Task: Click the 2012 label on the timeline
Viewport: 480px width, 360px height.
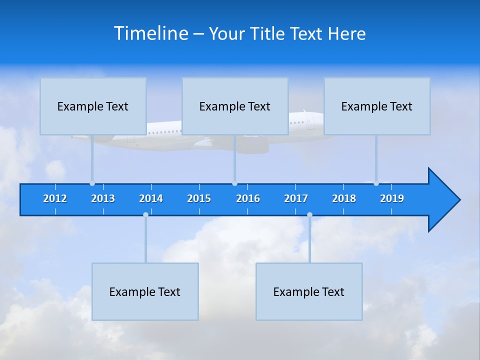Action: pyautogui.click(x=55, y=198)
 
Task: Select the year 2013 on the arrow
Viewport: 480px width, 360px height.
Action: pyautogui.click(x=103, y=198)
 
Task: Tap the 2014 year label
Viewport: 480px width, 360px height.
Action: pyautogui.click(x=151, y=198)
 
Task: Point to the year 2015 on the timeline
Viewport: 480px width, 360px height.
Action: pyautogui.click(x=199, y=198)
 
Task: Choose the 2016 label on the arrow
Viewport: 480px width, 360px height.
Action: pyautogui.click(x=248, y=198)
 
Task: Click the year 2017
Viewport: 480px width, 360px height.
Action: pyautogui.click(x=296, y=198)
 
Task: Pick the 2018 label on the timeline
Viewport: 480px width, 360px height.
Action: pyautogui.click(x=344, y=198)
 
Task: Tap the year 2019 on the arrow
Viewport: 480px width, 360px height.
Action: pyautogui.click(x=392, y=198)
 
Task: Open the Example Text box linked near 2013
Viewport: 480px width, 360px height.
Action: pyautogui.click(x=93, y=106)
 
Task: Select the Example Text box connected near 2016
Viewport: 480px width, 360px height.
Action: pyautogui.click(x=235, y=106)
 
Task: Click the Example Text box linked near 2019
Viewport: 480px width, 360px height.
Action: pyautogui.click(x=377, y=106)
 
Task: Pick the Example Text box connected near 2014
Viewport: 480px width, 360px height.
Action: pyautogui.click(x=145, y=291)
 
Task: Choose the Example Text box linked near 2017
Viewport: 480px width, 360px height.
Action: pyautogui.click(x=309, y=291)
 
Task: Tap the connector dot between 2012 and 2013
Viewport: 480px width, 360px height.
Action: pyautogui.click(x=92, y=183)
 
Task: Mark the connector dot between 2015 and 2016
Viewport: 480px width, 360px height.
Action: pyautogui.click(x=235, y=183)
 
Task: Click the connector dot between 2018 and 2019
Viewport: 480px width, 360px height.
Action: pyautogui.click(x=376, y=183)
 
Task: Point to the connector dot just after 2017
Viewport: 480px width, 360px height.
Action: pyautogui.click(x=309, y=215)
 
